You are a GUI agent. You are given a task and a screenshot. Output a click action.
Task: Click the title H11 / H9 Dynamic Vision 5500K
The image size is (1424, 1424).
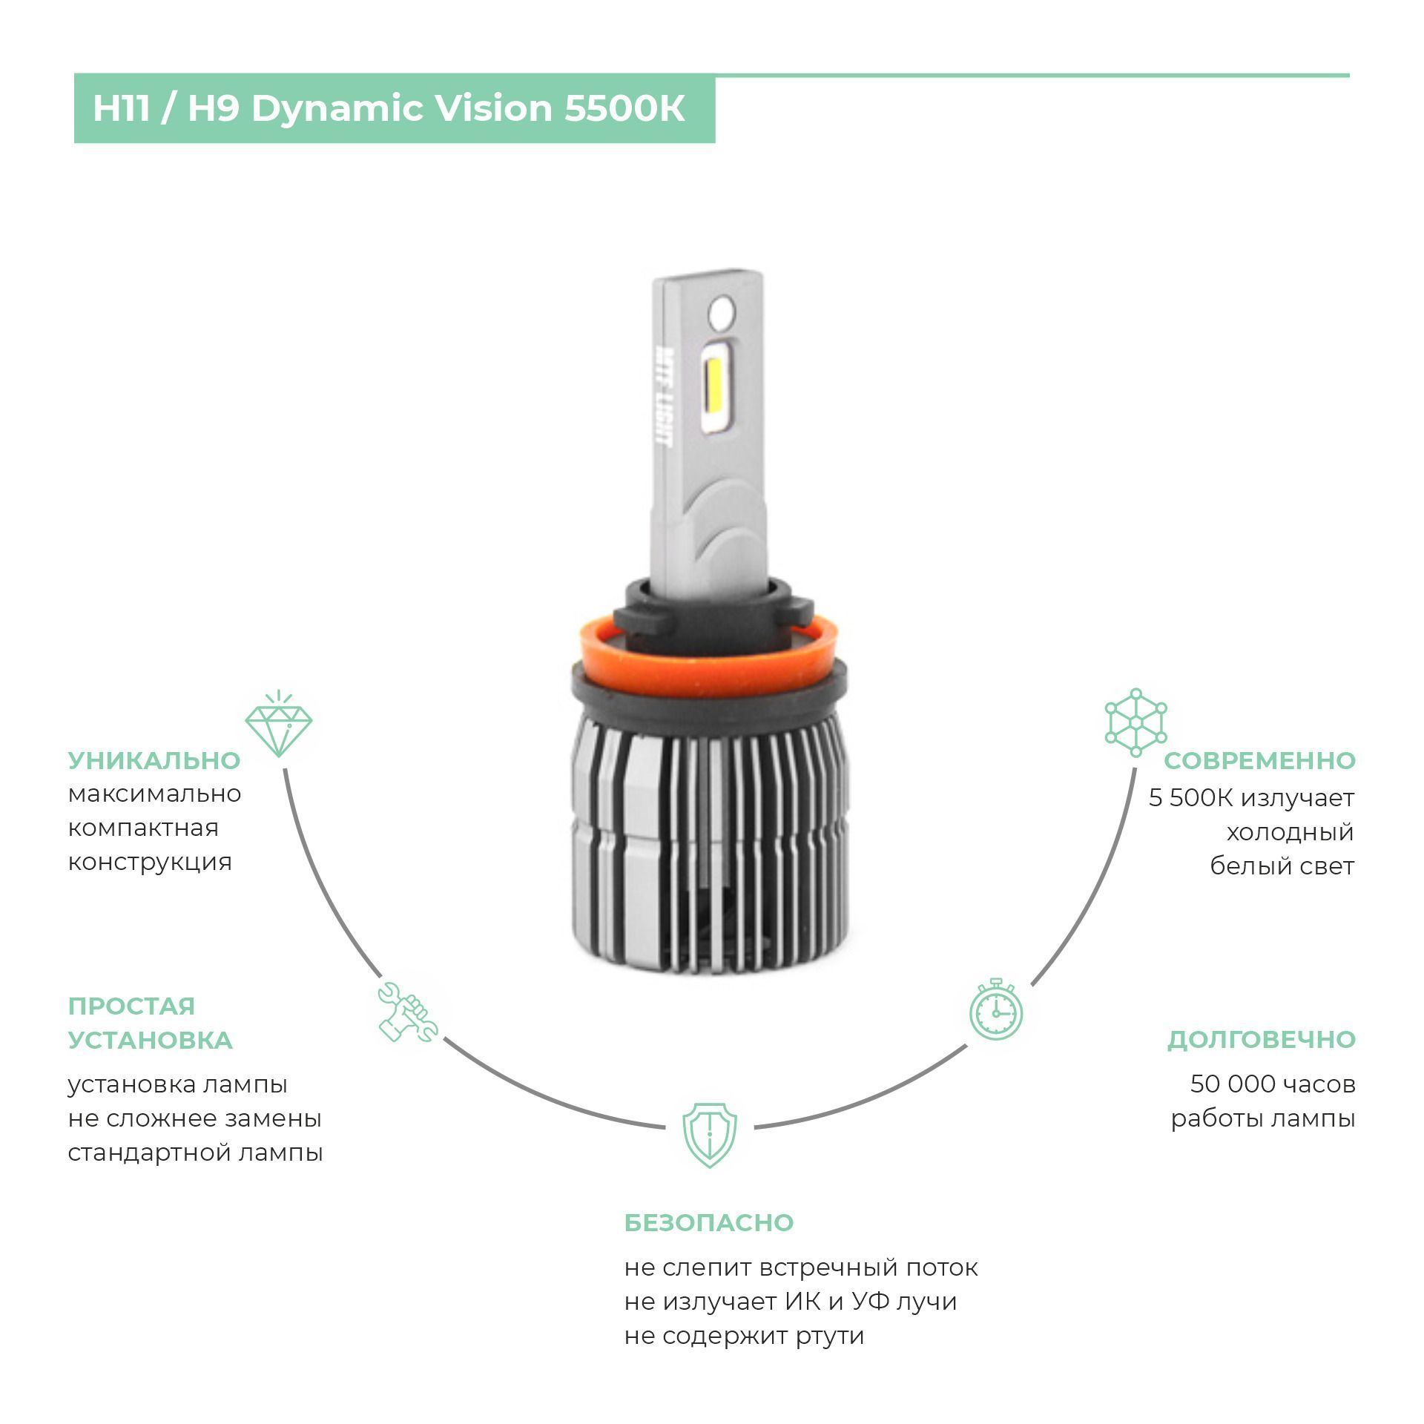(389, 108)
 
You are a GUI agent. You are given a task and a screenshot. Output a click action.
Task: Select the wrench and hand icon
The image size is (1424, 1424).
(407, 1012)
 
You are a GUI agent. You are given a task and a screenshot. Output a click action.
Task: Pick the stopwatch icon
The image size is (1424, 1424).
(996, 1009)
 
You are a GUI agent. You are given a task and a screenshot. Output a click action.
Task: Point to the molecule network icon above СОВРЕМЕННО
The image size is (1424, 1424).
(1135, 722)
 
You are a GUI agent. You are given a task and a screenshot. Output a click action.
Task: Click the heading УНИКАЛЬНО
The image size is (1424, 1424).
(154, 760)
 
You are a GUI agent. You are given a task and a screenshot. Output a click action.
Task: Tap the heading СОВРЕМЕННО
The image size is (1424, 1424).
(1259, 760)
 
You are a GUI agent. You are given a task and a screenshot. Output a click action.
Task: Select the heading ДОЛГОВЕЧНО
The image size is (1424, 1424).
(1262, 1040)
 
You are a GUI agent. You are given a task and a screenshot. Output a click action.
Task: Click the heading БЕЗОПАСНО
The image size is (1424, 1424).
(709, 1222)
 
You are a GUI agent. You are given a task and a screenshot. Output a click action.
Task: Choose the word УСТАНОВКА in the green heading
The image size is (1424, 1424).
(151, 1040)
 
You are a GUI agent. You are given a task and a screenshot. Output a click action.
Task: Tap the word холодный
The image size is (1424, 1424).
(1290, 832)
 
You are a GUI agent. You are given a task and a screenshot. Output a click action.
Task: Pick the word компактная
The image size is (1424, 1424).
(143, 828)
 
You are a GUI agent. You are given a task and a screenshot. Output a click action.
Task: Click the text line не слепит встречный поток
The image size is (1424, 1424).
(801, 1268)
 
